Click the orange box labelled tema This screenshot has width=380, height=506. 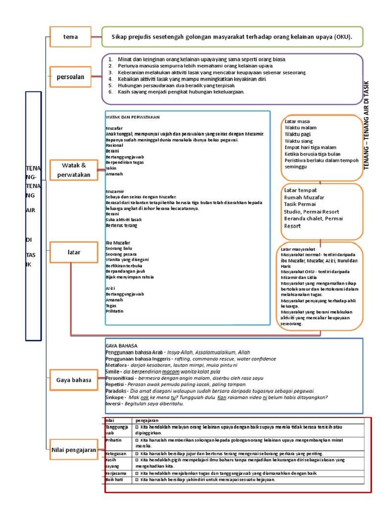tap(71, 37)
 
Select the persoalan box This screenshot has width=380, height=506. tap(71, 77)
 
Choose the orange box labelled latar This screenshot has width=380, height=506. tap(74, 253)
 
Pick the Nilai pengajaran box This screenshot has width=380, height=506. tap(74, 450)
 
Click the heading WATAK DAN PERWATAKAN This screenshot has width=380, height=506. tap(128, 117)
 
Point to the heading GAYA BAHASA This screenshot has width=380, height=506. tap(122, 345)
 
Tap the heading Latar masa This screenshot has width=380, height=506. tap(297, 121)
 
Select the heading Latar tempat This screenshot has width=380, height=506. tap(300, 190)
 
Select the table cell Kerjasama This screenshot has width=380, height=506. tap(116, 473)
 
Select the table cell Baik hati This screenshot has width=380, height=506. tap(115, 479)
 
